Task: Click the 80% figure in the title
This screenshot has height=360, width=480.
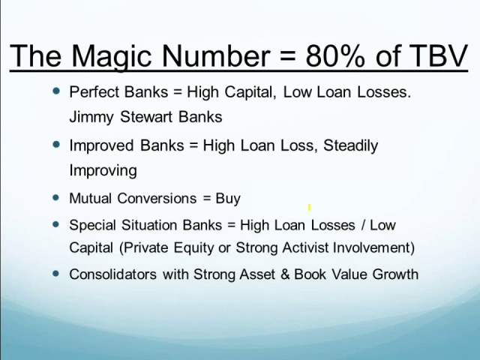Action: tap(335, 55)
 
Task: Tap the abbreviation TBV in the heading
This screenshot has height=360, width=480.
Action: tap(438, 55)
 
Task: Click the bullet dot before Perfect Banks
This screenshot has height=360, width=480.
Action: tap(56, 91)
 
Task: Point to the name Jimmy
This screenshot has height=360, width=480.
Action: tap(91, 118)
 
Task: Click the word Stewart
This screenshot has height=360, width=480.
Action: tap(146, 117)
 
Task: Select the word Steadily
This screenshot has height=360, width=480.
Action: tap(350, 146)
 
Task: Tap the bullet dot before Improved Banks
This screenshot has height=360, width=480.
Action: tap(56, 144)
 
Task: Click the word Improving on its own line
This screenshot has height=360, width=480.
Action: tap(103, 171)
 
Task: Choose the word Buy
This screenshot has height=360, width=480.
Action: tap(228, 199)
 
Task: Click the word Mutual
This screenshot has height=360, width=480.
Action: tap(90, 198)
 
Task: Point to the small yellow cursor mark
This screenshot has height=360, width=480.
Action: tap(310, 208)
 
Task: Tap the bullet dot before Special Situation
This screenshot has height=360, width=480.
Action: tap(56, 224)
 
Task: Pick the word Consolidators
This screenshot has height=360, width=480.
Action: tap(113, 274)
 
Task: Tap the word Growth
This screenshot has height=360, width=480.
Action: tap(395, 274)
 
